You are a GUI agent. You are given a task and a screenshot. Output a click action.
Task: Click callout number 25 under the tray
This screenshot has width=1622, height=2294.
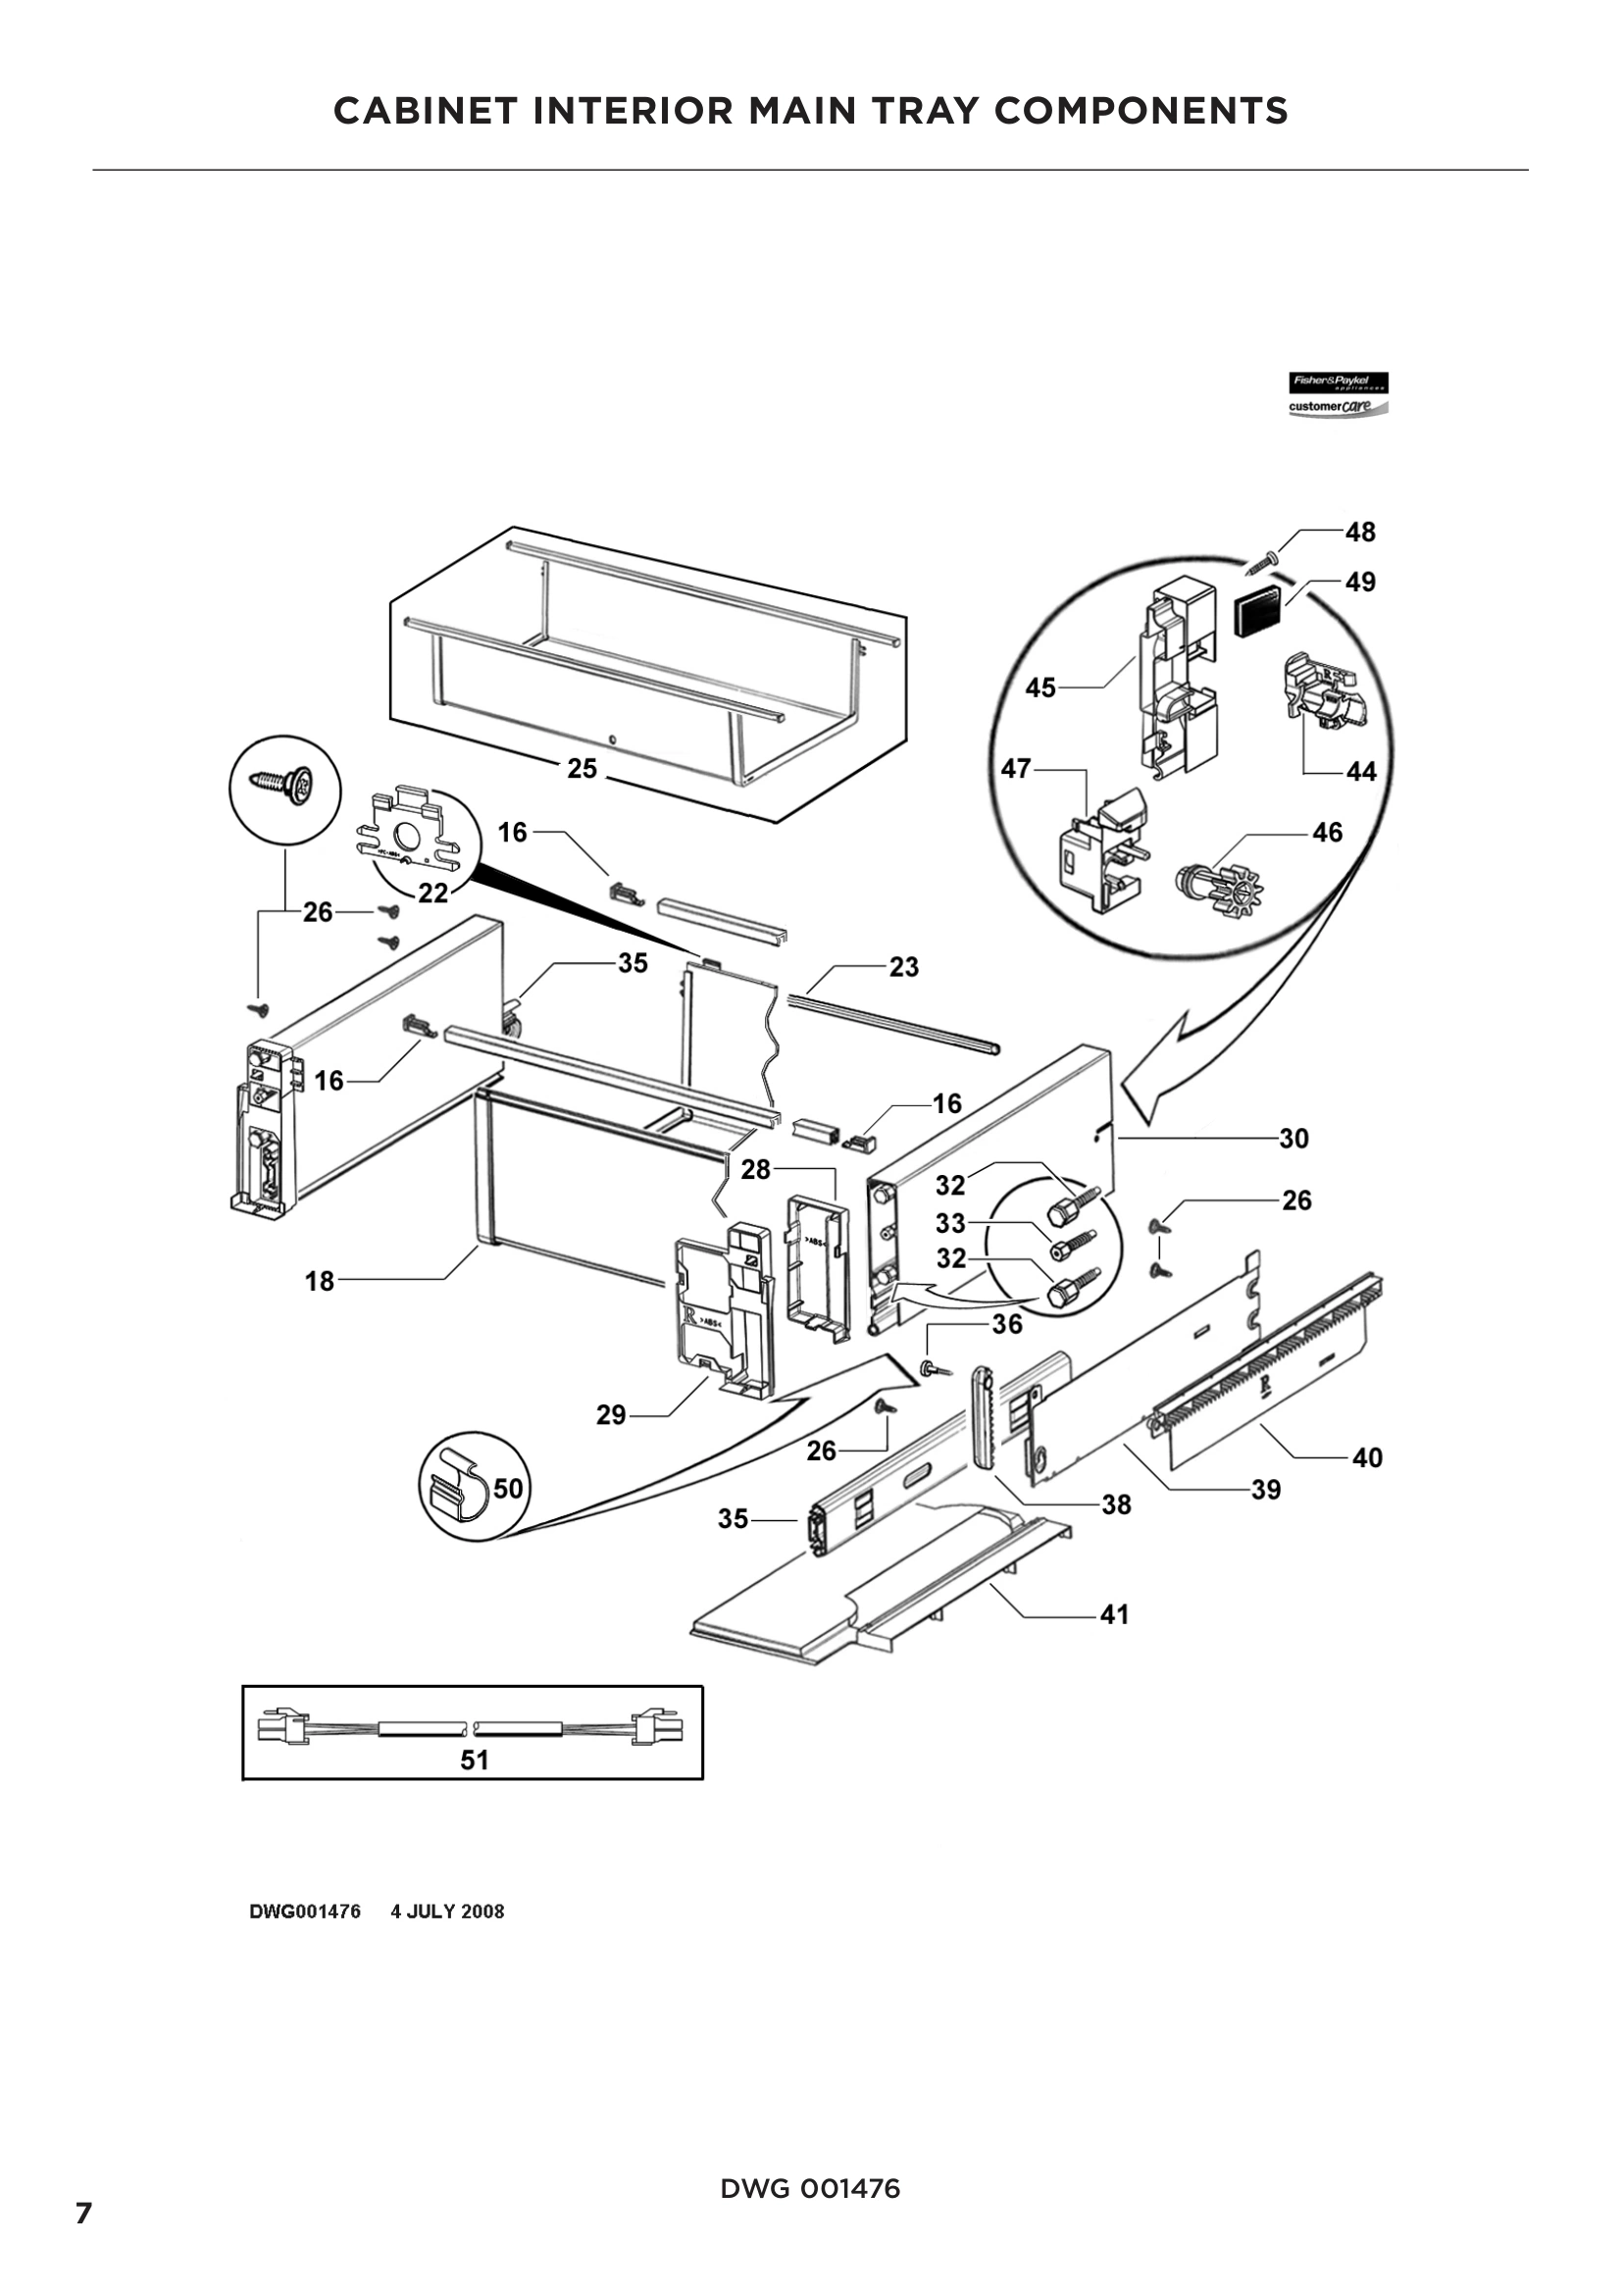point(582,768)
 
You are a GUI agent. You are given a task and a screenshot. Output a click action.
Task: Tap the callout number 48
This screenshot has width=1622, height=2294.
point(1360,532)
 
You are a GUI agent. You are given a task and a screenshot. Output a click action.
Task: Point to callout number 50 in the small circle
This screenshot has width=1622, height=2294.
point(507,1489)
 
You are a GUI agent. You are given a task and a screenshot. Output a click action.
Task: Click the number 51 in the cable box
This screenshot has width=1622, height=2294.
point(474,1760)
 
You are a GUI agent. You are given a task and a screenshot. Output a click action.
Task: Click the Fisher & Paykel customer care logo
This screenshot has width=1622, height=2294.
point(1338,394)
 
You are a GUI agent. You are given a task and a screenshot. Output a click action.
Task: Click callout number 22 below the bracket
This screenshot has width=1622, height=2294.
point(432,892)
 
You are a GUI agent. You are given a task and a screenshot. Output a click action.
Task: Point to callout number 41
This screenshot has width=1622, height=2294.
point(1114,1614)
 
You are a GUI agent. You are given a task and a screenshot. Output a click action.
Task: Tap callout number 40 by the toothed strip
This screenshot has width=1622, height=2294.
point(1366,1457)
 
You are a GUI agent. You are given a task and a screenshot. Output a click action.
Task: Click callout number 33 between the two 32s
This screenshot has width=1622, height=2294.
point(950,1223)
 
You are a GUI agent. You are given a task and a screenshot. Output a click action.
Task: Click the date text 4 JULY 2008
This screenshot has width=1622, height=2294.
point(446,1912)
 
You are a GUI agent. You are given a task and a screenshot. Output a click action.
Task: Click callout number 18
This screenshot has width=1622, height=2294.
point(319,1281)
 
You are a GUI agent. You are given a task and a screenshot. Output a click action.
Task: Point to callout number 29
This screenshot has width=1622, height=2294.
point(610,1415)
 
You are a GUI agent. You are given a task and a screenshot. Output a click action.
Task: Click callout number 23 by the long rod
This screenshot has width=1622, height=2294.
point(903,966)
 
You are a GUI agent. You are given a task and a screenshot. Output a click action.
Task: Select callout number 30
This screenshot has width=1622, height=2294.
point(1293,1138)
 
